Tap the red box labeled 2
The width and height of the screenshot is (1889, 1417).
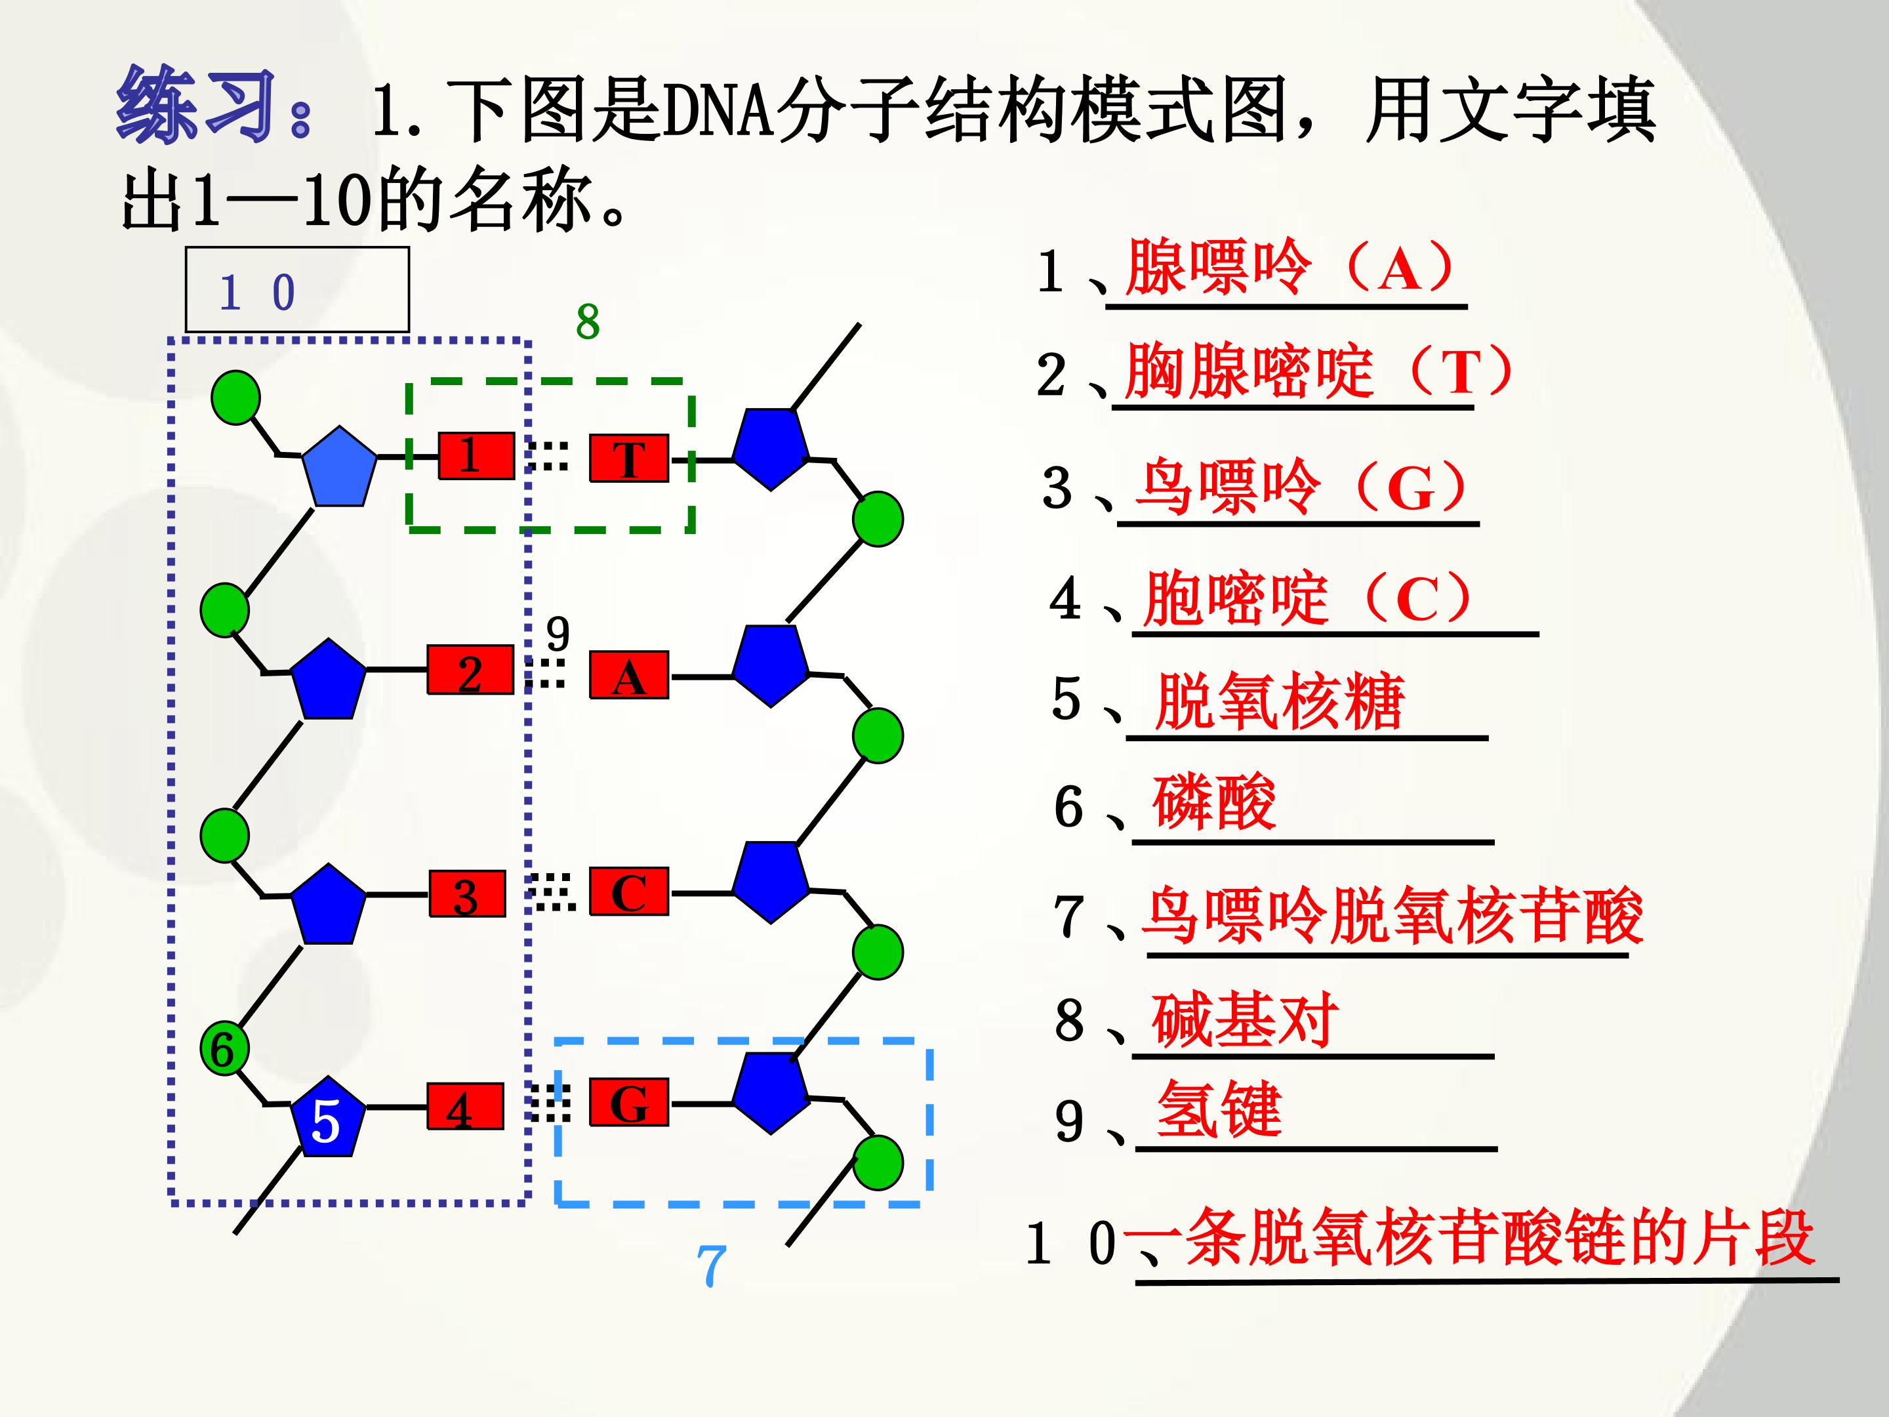(470, 670)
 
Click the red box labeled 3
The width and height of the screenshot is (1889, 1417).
(466, 894)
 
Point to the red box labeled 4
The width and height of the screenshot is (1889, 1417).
(466, 1107)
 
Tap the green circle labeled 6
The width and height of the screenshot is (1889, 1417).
(224, 1049)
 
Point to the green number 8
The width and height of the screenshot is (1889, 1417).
(588, 322)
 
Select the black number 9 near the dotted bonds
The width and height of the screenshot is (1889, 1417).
(558, 633)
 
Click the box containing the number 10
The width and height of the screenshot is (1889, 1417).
(297, 289)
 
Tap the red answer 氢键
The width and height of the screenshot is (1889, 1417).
(1219, 1109)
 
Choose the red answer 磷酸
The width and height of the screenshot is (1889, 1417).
(1214, 802)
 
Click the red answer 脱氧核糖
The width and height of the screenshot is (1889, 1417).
(1279, 701)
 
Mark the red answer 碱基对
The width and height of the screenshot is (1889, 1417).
(1245, 1020)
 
